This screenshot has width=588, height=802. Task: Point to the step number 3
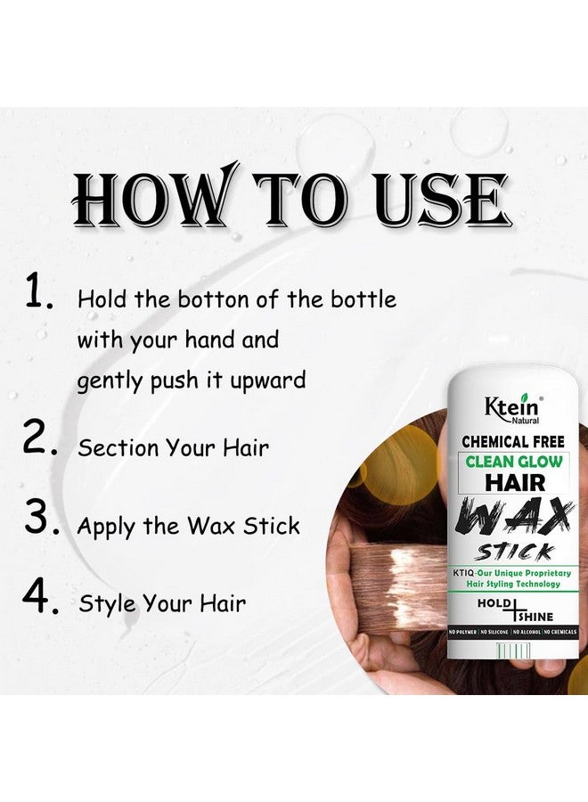pos(39,519)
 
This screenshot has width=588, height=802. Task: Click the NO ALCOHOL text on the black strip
pos(533,632)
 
